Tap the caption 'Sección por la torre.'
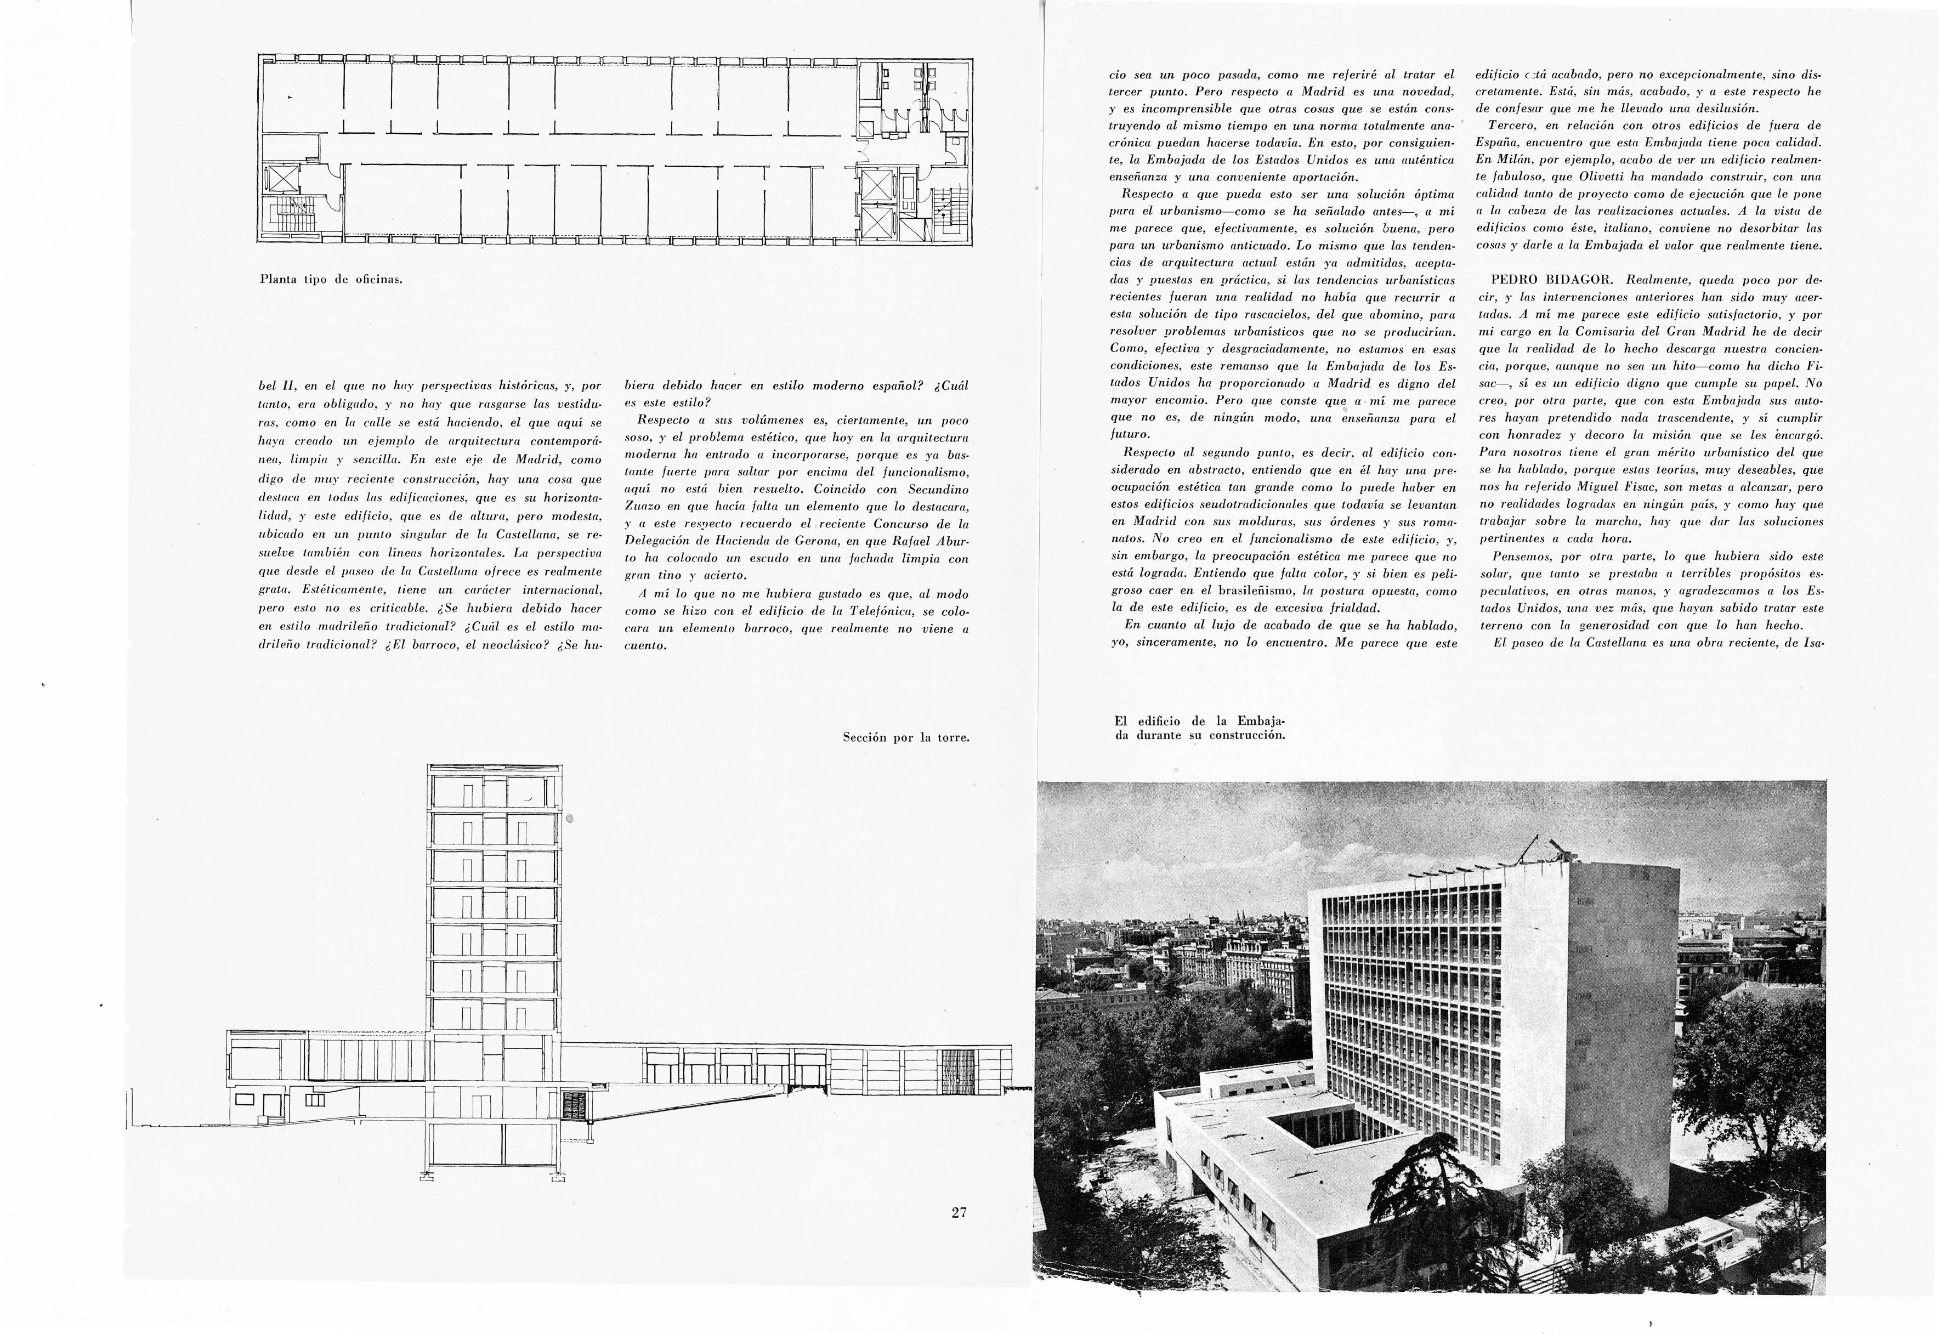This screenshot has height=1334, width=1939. point(905,738)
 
